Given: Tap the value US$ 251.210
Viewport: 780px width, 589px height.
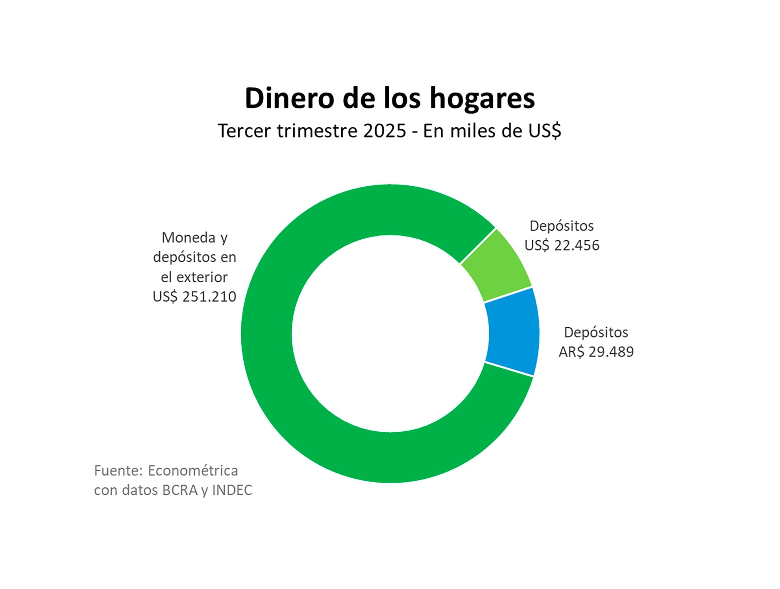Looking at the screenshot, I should coord(194,297).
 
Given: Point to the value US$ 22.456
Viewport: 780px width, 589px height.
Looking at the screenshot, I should coord(562,246).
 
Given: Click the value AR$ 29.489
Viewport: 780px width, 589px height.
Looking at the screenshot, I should coord(596,352).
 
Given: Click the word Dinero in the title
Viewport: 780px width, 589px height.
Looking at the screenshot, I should coord(289,98).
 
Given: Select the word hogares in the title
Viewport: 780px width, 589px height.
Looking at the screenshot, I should coord(482,98).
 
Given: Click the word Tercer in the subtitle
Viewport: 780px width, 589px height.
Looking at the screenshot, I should coord(244,131).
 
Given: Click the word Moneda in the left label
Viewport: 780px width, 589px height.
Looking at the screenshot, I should coord(188,237).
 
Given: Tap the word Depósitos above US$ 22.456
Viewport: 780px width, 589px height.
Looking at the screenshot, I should coord(561,226).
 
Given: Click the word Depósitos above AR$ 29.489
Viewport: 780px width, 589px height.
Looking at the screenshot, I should coord(596,332).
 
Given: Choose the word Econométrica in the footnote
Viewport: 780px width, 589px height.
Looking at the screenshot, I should coord(193,470).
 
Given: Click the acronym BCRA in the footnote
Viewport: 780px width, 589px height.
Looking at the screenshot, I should coord(180,490).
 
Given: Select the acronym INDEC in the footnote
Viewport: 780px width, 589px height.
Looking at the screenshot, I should coord(232,490).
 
